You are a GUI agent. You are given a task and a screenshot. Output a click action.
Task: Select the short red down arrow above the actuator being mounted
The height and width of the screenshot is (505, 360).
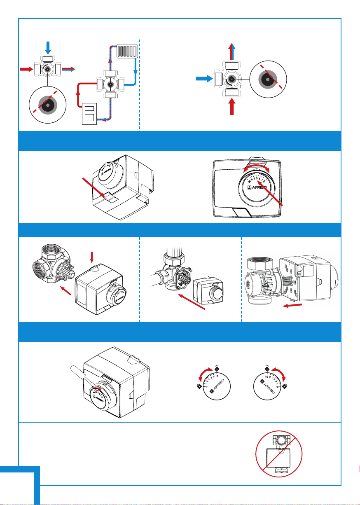(92, 257)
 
